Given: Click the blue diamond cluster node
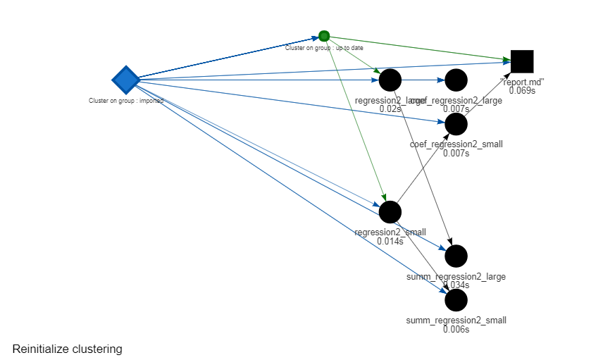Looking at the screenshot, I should (125, 80).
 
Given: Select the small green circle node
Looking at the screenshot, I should (324, 36).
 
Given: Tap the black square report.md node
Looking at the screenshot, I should (522, 61).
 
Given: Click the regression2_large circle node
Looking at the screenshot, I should (390, 80).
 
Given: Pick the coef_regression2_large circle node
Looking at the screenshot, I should (456, 80).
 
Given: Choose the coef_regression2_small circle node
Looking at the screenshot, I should (456, 124).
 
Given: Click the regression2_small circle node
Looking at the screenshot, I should (390, 211).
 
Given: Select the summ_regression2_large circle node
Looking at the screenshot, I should (456, 256).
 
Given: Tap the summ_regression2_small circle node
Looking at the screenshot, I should (456, 299).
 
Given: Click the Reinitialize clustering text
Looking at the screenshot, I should (68, 349).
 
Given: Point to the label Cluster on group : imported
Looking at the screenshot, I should (126, 101).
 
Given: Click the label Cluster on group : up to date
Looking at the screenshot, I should (323, 48).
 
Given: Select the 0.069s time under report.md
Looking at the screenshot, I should (522, 90).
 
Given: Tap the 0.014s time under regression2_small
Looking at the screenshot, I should (390, 241).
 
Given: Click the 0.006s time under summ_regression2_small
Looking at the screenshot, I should (456, 329).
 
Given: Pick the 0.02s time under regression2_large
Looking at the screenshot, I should (390, 109).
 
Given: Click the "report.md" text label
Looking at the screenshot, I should (522, 82).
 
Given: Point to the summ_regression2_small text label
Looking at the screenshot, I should (456, 320).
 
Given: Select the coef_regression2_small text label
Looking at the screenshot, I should (456, 144).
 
